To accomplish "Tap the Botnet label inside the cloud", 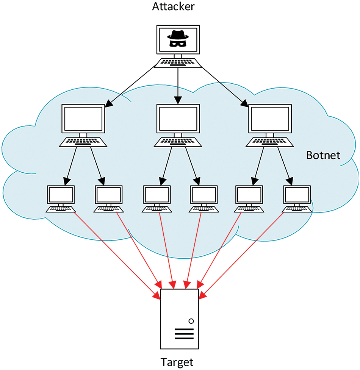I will pos(323,155).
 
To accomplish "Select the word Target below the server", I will pos(177,361).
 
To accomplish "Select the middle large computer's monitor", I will pos(178,119).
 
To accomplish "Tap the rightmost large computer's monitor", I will pos(269,119).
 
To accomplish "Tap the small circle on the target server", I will pos(191,321).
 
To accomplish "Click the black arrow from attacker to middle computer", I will pos(178,85).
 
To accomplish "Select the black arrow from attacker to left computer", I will pos(129,87).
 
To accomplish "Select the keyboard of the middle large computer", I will pos(178,142).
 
